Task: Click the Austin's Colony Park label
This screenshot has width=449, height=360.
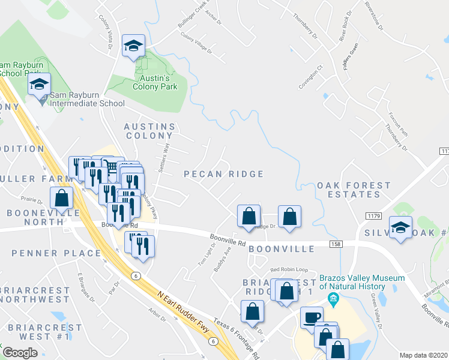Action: point(155,82)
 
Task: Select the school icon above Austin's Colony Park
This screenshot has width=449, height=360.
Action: point(133,46)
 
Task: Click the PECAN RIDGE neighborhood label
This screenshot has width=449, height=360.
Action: point(223,174)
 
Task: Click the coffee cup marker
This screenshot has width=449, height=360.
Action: point(311,317)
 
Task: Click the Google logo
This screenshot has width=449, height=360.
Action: point(20,353)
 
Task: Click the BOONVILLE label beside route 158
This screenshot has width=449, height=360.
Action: point(282,248)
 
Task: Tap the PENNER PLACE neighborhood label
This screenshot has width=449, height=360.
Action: point(56,253)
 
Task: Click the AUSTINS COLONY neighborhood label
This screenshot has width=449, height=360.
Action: point(149,131)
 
